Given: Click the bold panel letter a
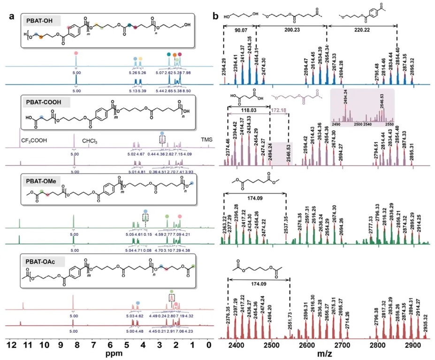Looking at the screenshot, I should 11,15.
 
